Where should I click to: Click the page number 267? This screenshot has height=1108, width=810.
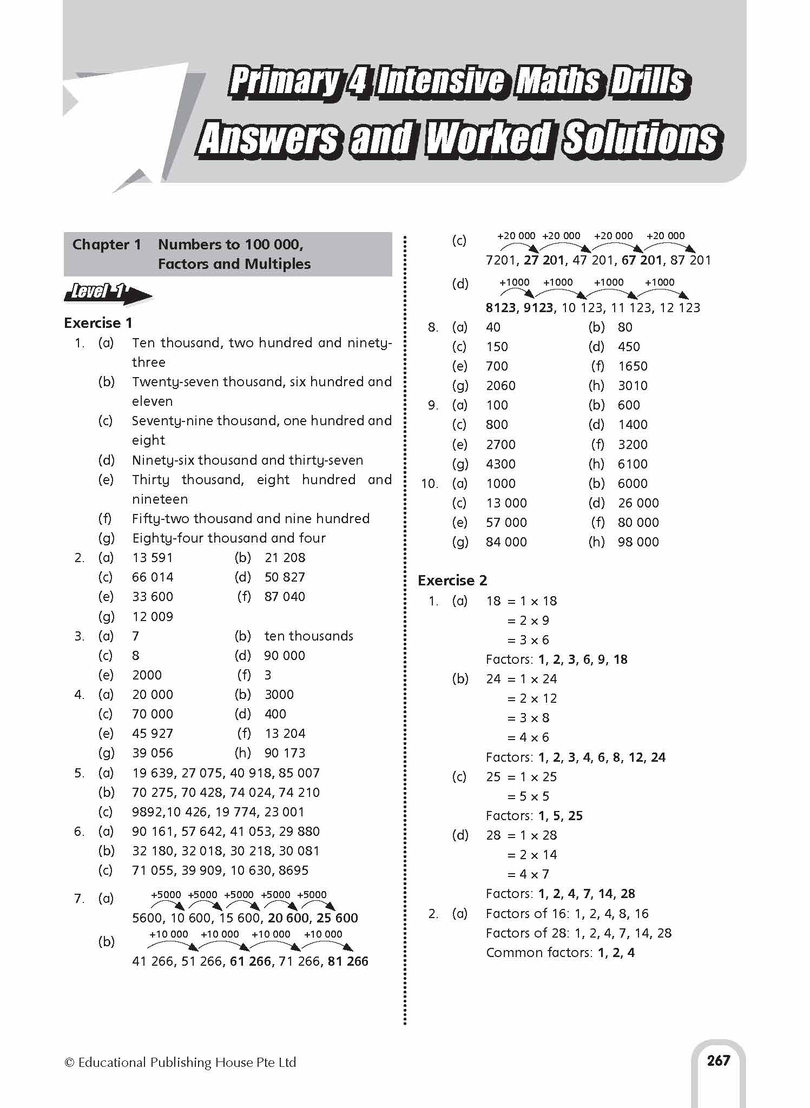click(718, 1060)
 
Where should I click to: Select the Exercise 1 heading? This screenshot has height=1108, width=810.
click(98, 323)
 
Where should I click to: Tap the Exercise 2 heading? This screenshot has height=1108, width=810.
click(452, 581)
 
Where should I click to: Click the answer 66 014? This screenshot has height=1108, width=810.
click(153, 577)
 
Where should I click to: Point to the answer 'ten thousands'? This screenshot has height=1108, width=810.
click(308, 636)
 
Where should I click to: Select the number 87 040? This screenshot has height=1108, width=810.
click(285, 597)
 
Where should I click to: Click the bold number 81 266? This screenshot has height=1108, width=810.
click(348, 961)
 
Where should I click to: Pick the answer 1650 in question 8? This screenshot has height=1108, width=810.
click(633, 366)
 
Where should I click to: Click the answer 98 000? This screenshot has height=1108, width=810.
click(638, 542)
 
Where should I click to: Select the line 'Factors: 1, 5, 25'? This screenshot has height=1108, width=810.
click(534, 816)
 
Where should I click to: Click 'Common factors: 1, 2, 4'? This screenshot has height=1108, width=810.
click(560, 952)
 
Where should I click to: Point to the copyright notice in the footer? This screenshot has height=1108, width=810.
click(180, 1063)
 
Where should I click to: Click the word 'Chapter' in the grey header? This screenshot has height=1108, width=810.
click(100, 245)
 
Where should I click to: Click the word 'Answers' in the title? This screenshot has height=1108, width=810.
click(269, 138)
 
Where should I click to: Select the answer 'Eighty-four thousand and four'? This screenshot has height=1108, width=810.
click(229, 538)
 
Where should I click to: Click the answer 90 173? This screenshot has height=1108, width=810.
click(285, 753)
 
